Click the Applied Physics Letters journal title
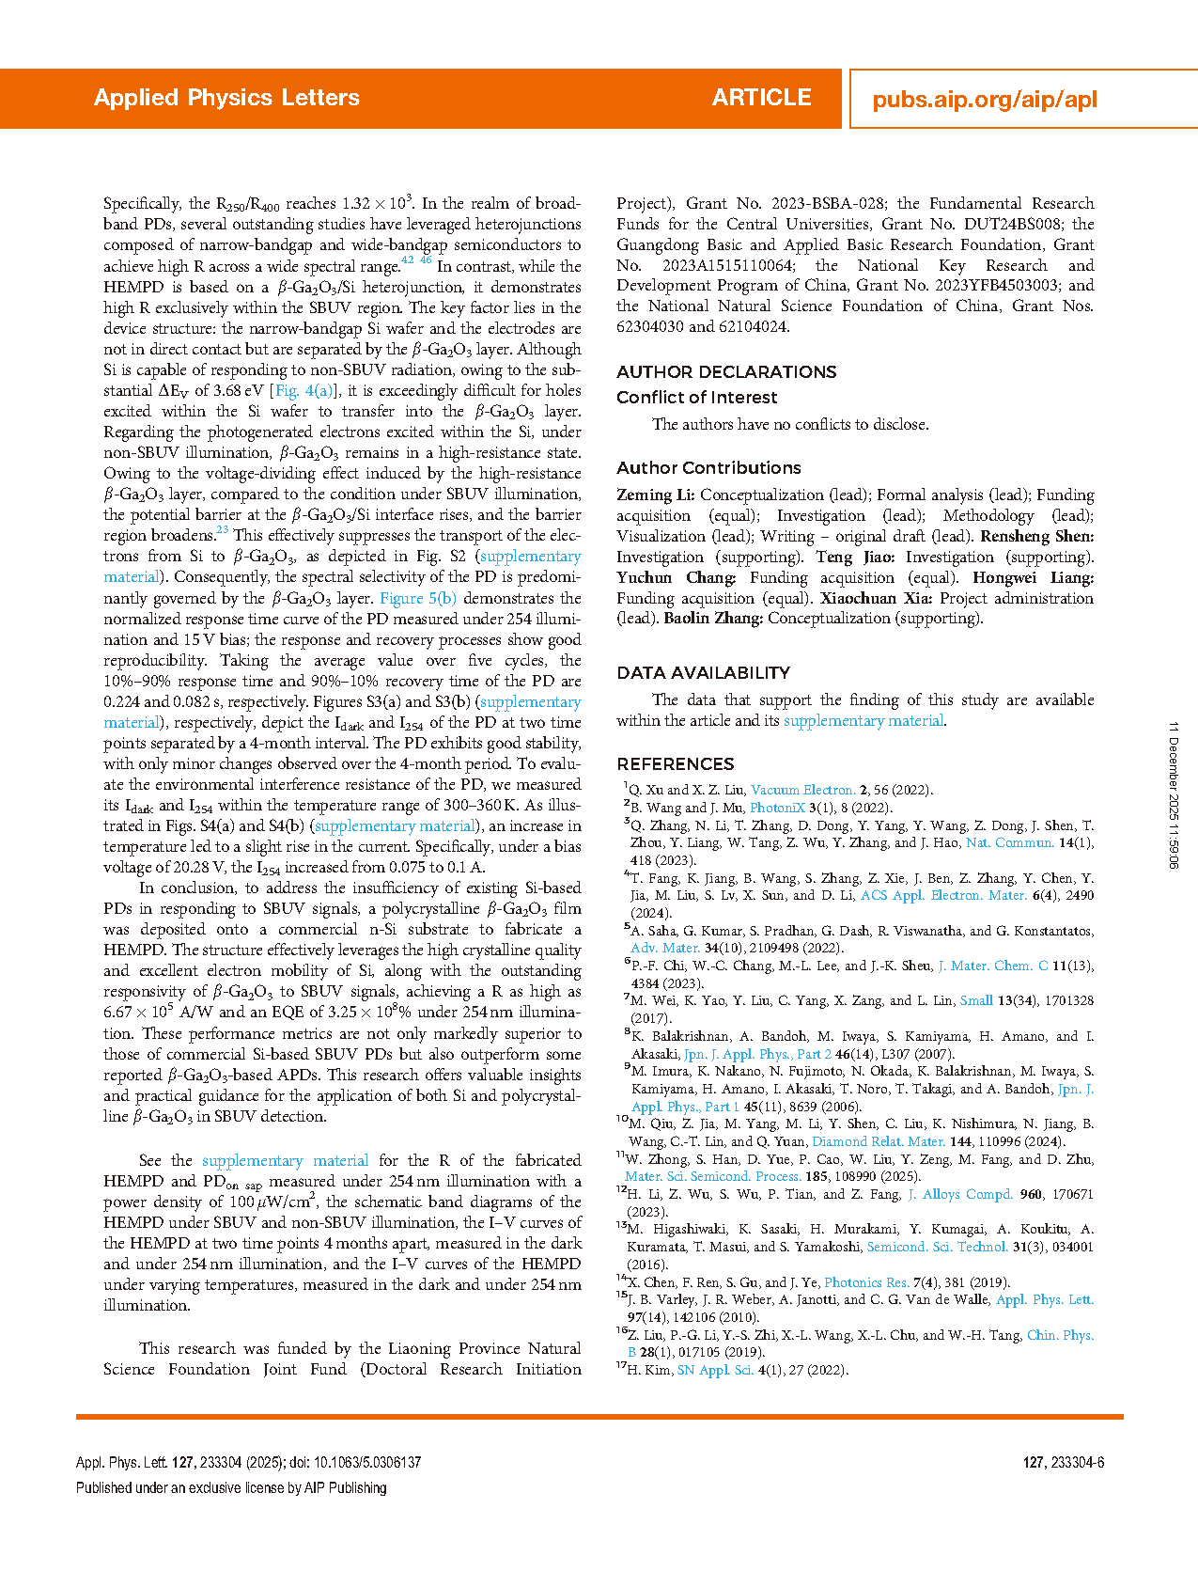click(226, 98)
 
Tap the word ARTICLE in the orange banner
click(761, 98)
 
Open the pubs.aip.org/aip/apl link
click(984, 100)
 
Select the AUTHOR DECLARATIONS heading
click(726, 371)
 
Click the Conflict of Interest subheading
click(696, 398)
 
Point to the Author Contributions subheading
click(708, 468)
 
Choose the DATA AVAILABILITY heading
click(703, 673)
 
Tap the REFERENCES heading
click(675, 764)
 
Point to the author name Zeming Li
click(655, 495)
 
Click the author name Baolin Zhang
click(713, 619)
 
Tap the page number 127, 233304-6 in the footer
click(1063, 1463)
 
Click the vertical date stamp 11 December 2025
click(1174, 794)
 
